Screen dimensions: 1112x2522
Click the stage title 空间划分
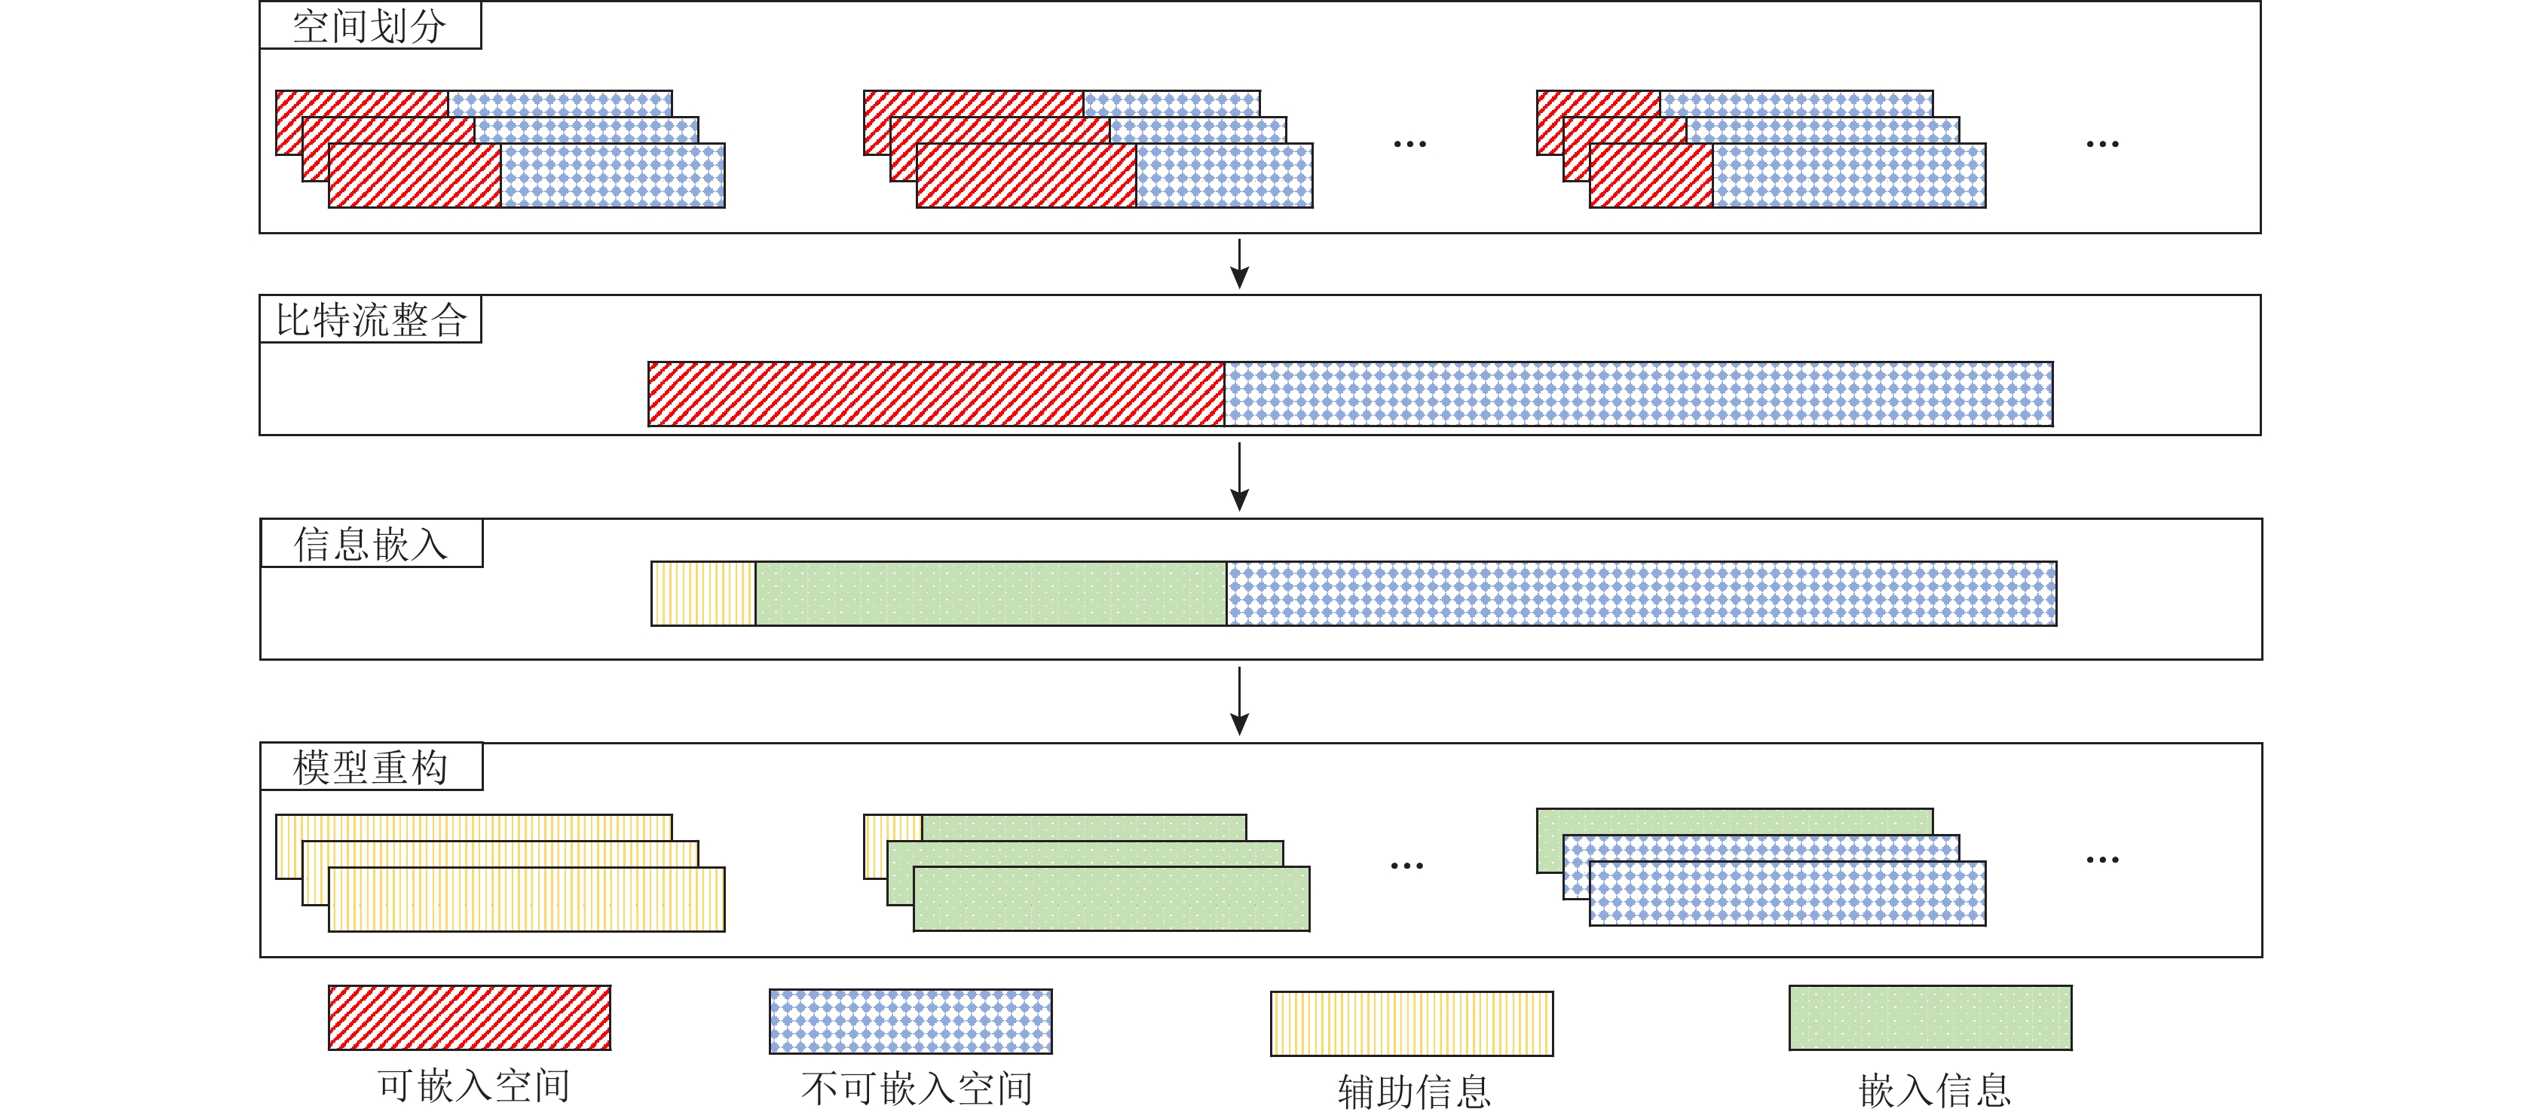(370, 26)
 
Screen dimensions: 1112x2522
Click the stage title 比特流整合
(370, 320)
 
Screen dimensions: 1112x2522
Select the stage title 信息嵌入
(370, 544)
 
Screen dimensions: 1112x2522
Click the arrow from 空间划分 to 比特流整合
(1239, 264)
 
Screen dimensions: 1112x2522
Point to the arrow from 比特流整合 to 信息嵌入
(1239, 477)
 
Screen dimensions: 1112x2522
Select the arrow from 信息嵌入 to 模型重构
(1239, 701)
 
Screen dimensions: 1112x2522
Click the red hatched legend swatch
(470, 1018)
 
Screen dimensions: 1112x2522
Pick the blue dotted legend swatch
(911, 1021)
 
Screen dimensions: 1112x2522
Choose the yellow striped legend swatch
(1412, 1024)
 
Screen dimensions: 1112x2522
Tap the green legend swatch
(1930, 1018)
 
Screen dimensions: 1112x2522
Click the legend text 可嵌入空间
(474, 1086)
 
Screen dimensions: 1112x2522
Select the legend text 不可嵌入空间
(917, 1089)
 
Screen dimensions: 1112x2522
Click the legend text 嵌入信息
(1935, 1089)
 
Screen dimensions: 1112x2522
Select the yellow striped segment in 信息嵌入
(704, 593)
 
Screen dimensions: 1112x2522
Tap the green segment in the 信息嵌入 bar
(990, 593)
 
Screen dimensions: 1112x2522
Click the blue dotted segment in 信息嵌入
(1642, 593)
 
